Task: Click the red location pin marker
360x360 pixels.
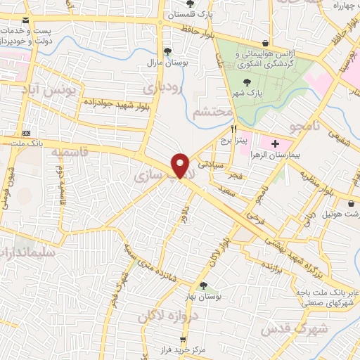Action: (181, 165)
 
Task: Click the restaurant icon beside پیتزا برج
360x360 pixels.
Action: (233, 129)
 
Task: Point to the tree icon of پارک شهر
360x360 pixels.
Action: (246, 82)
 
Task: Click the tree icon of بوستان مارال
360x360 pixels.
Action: (167, 51)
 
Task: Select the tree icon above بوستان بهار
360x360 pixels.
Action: (203, 285)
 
